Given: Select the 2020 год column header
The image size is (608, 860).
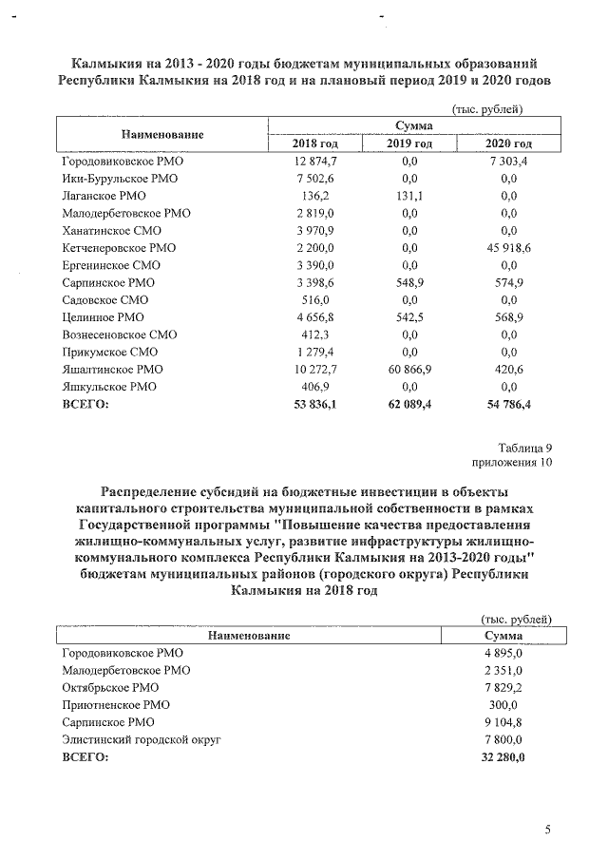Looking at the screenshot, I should (x=508, y=143).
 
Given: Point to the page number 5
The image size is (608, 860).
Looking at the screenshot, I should (x=547, y=830).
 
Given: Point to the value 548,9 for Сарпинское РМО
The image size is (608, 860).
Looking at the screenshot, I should (x=410, y=283).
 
